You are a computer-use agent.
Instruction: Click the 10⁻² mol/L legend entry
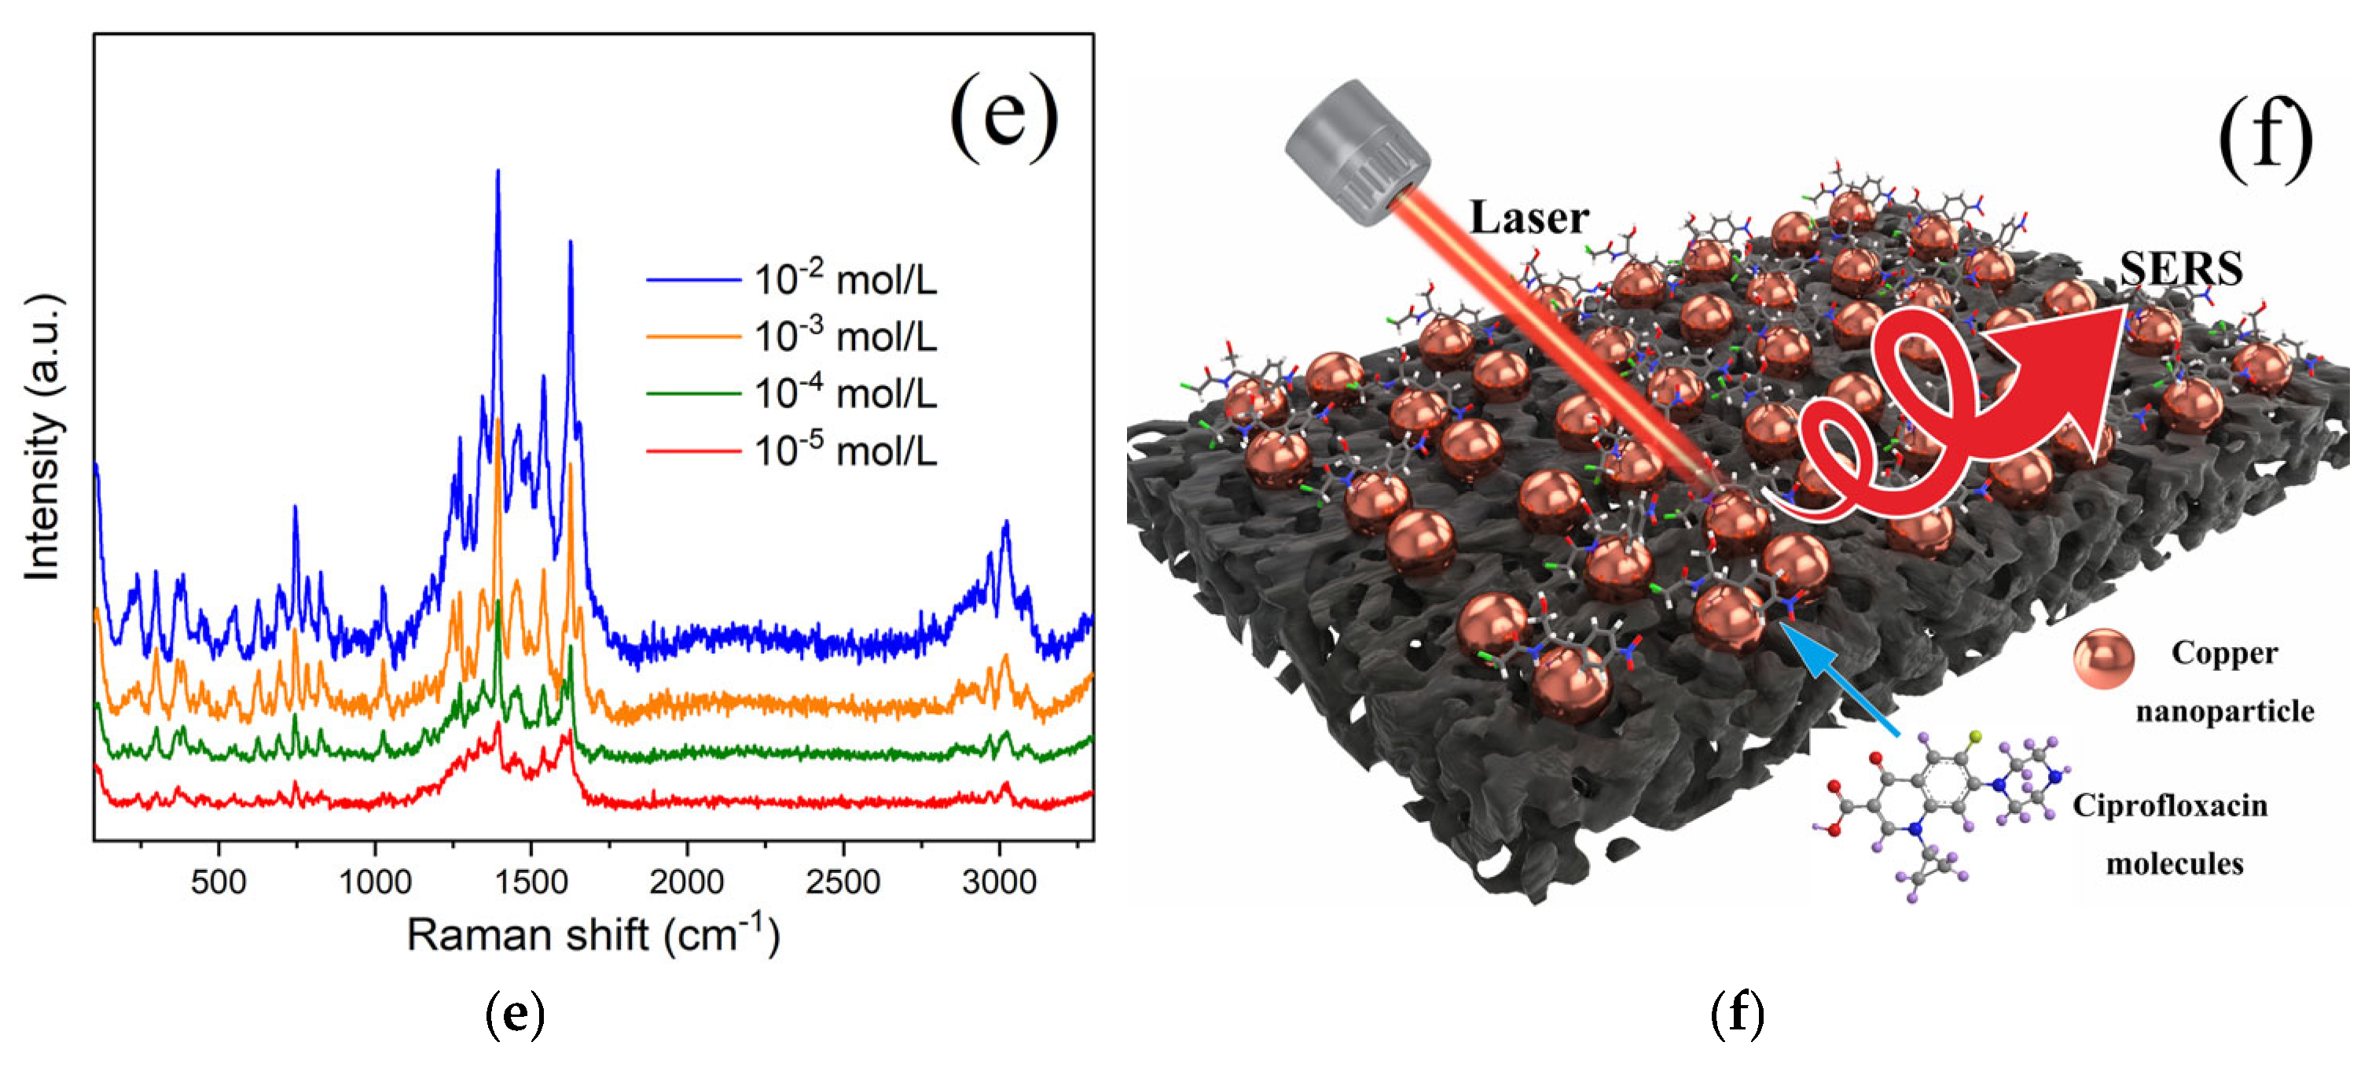pos(845,279)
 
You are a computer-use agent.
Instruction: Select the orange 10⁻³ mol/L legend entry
pos(845,337)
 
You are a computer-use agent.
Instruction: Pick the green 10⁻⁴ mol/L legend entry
pos(845,393)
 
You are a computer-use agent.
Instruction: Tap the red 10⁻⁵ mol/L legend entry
pos(845,451)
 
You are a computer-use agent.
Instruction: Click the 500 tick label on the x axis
pos(218,882)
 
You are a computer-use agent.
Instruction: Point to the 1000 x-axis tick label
pos(375,882)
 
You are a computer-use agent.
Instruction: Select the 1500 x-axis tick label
pos(531,882)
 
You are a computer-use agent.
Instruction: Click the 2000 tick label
pos(686,882)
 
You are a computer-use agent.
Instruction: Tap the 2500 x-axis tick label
pos(843,882)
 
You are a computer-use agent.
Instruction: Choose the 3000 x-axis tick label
pos(998,882)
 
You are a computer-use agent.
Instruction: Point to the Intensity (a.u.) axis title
pos(42,438)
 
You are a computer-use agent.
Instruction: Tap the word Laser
pos(1529,218)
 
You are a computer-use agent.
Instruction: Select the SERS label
pos(2180,269)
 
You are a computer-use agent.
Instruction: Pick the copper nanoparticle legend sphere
pos(2103,660)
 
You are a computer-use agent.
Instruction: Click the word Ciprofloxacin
pos(2169,805)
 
